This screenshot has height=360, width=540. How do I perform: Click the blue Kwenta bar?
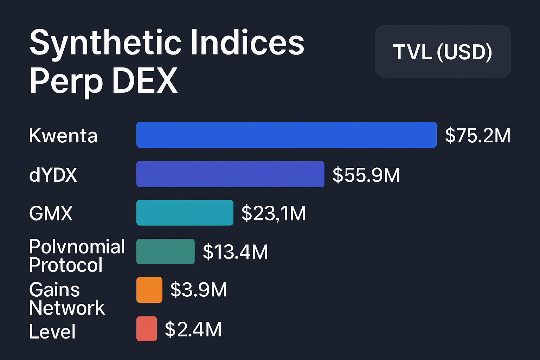[x=286, y=135]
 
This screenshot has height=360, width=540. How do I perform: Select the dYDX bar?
[x=230, y=174]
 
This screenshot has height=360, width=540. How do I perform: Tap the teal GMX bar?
[x=185, y=213]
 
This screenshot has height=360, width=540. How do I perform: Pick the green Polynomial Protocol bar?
[x=165, y=251]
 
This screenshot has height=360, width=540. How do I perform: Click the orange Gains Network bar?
[x=149, y=290]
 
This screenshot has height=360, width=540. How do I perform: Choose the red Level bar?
[x=147, y=329]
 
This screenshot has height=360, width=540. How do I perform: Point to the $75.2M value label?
[x=477, y=135]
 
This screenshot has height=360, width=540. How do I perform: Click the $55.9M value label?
[x=366, y=175]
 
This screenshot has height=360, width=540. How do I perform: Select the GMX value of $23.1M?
[x=274, y=213]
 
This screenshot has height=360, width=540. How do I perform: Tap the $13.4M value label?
[x=235, y=252]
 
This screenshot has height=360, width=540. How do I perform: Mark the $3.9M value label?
[x=198, y=290]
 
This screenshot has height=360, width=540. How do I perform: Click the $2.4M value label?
[x=193, y=329]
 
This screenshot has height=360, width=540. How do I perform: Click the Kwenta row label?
[x=63, y=136]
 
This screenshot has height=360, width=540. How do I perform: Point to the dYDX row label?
[x=53, y=175]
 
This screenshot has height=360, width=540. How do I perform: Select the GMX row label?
[x=51, y=213]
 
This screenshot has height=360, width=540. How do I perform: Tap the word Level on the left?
[x=52, y=332]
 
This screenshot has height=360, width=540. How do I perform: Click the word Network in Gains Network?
[x=67, y=308]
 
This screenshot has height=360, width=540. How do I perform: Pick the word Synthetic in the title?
[x=105, y=43]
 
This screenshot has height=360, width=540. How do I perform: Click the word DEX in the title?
[x=145, y=81]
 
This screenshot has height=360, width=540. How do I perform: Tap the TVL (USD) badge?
[x=443, y=52]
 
